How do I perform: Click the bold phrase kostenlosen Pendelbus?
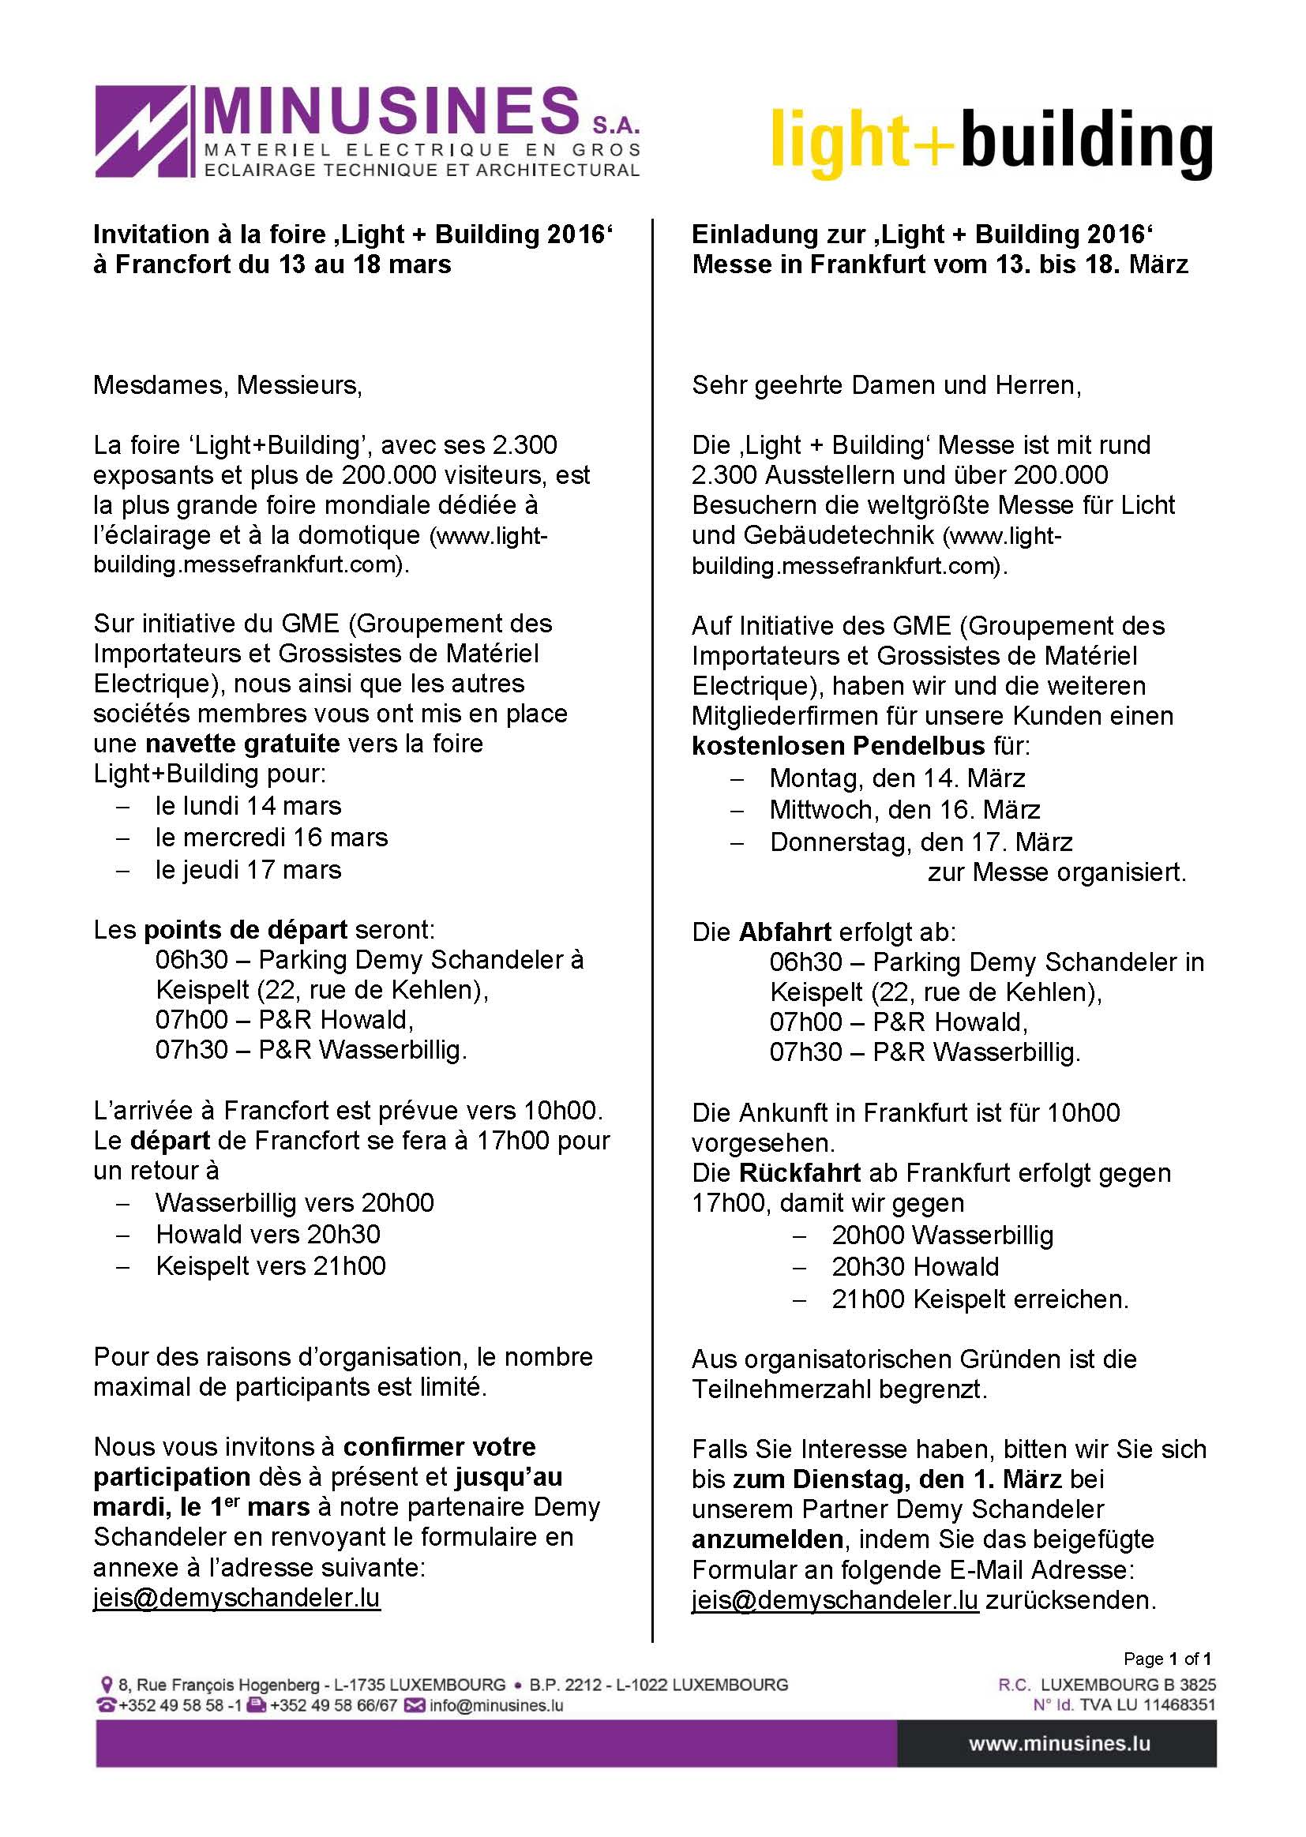[x=838, y=746]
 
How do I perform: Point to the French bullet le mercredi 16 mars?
[x=271, y=838]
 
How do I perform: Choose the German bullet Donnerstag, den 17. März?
[x=921, y=842]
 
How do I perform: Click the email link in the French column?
[x=236, y=1598]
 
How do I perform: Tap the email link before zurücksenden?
[x=835, y=1600]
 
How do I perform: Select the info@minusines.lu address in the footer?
[x=496, y=1706]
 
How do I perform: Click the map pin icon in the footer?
[x=105, y=1685]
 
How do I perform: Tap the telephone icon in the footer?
[x=106, y=1706]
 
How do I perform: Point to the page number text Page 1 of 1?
[x=1167, y=1659]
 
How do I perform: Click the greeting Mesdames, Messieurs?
[x=227, y=385]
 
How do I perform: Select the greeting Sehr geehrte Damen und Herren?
[x=886, y=385]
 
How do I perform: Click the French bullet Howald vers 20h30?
[x=268, y=1234]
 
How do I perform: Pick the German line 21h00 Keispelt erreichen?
[x=979, y=1299]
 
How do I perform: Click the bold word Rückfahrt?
[x=799, y=1173]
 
